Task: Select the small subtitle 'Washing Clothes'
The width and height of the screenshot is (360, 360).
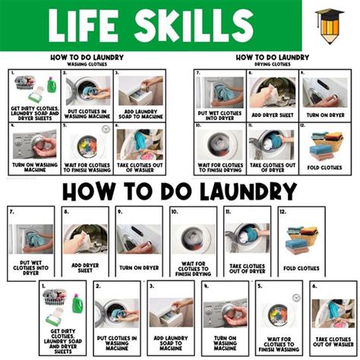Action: click(84, 65)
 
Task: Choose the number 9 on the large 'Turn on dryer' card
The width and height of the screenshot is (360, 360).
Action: click(119, 213)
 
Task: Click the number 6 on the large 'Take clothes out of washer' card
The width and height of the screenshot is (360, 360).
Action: click(314, 288)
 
